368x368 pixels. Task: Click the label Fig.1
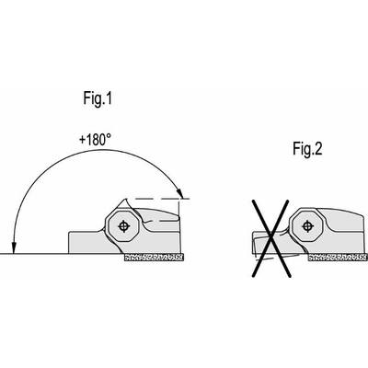point(98,98)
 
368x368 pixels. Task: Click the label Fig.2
point(307,149)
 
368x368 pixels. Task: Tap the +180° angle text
point(95,140)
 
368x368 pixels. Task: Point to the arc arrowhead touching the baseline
point(14,248)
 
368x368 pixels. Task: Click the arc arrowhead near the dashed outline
point(179,193)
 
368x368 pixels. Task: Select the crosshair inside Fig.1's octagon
point(123,226)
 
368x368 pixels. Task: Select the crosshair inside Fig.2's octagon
point(307,226)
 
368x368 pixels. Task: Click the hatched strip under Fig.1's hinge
point(154,258)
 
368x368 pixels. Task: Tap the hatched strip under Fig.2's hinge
point(338,258)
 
